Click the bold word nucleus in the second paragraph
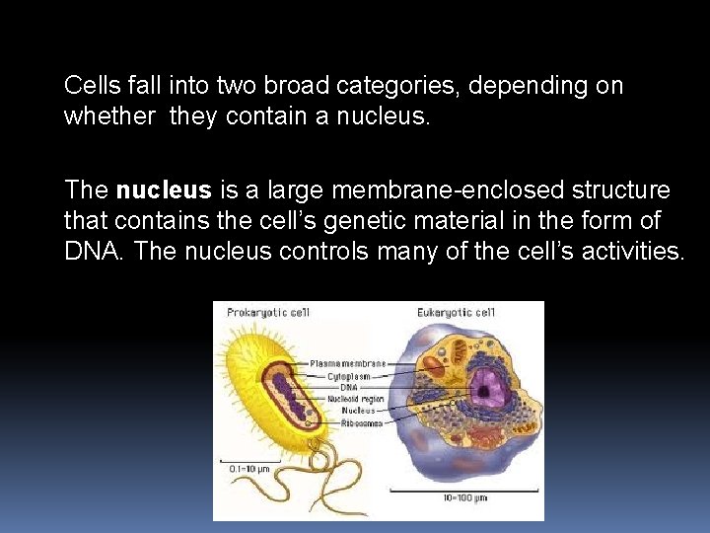(164, 190)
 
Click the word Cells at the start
(92, 86)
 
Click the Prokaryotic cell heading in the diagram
(268, 313)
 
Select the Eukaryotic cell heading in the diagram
(456, 313)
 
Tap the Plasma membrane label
(347, 363)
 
